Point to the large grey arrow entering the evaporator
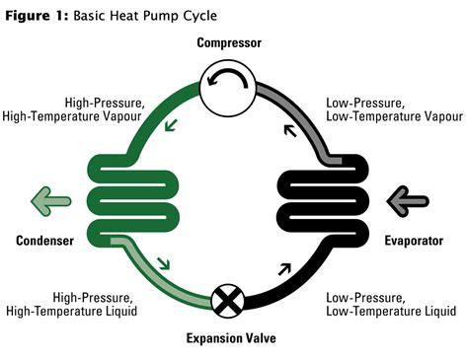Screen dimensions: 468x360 click(x=407, y=200)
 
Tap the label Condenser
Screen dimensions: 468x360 click(x=45, y=241)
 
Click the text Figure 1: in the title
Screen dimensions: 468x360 click(x=40, y=15)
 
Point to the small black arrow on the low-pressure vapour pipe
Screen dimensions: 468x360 click(x=289, y=127)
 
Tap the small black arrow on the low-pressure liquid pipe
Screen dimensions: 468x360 click(x=285, y=266)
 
